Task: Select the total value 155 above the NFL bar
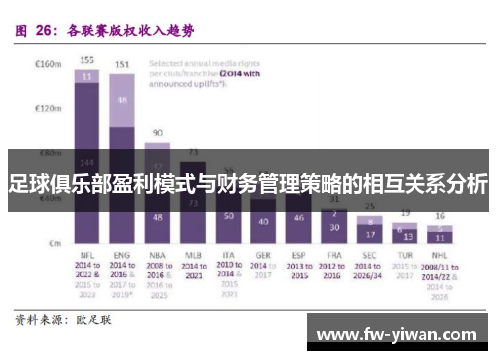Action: (x=87, y=60)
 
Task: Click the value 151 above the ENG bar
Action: (x=123, y=65)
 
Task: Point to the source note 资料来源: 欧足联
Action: (x=63, y=322)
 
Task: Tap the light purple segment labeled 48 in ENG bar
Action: (x=123, y=101)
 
